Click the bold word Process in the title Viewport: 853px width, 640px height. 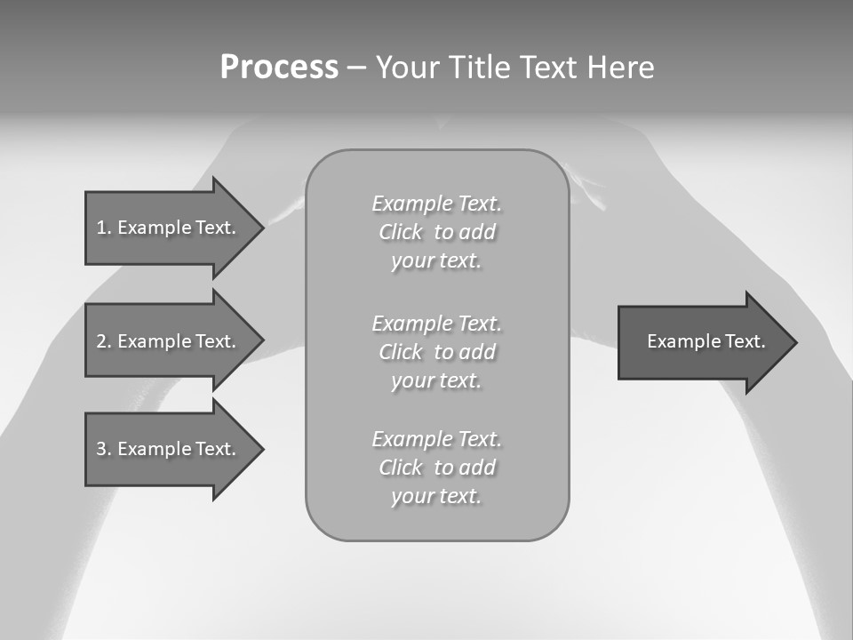tap(279, 68)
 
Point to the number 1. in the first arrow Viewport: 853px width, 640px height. tap(104, 228)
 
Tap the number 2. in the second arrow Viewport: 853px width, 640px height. tap(104, 341)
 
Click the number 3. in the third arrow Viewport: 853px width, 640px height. tap(104, 449)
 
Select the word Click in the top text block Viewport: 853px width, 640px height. tap(401, 233)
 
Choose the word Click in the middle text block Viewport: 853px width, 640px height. tap(401, 353)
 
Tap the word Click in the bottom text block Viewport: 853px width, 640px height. tap(401, 468)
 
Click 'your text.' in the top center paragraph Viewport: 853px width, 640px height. tap(436, 261)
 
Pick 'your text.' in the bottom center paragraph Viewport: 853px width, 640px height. tap(436, 497)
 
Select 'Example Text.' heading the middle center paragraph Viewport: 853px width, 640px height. tap(436, 324)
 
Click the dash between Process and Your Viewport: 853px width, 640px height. tap(356, 68)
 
